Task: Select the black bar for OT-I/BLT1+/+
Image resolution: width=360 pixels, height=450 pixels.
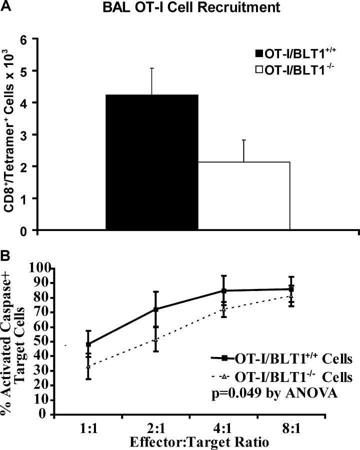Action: (152, 162)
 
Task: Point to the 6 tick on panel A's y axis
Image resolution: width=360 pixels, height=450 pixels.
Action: (22, 38)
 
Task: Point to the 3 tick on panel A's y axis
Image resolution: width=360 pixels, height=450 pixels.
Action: (22, 134)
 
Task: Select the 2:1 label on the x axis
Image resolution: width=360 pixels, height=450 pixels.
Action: (156, 429)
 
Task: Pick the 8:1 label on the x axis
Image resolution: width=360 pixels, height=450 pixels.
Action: (292, 429)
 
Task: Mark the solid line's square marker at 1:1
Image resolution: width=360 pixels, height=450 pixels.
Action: (74, 344)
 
